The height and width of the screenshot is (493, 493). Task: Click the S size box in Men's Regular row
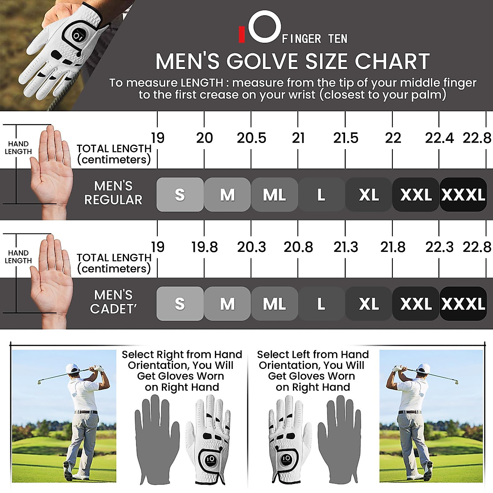(x=180, y=195)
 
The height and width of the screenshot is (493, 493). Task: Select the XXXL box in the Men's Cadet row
(x=463, y=304)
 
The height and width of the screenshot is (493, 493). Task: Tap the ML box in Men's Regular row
(x=274, y=195)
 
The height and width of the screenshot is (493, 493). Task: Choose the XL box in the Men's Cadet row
(x=369, y=304)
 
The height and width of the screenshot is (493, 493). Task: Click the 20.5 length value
(x=251, y=138)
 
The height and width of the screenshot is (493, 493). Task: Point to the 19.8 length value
(x=204, y=247)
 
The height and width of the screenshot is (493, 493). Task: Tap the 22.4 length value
(x=439, y=138)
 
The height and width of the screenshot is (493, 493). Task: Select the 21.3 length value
(x=346, y=247)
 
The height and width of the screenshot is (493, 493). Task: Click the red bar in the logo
(x=242, y=35)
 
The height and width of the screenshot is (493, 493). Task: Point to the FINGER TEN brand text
(x=315, y=39)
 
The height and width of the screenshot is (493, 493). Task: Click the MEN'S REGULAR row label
(x=113, y=193)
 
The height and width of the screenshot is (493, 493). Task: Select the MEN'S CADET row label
(x=113, y=302)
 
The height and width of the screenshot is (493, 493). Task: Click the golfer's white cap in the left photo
(x=73, y=368)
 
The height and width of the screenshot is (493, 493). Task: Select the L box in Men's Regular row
(x=321, y=195)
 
